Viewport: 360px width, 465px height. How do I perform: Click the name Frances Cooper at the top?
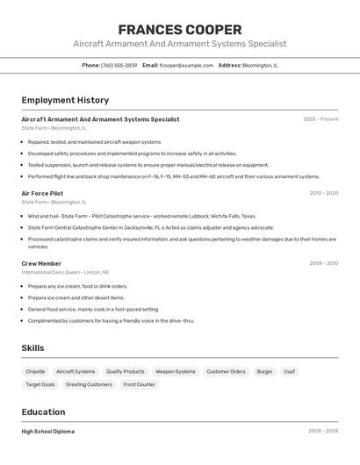pos(179,29)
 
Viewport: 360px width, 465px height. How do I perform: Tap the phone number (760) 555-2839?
pos(119,65)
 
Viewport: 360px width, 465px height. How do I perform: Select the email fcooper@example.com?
pos(186,65)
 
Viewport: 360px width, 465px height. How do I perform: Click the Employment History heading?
pos(65,100)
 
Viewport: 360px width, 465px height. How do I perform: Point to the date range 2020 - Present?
pos(320,119)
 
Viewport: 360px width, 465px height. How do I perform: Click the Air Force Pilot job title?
pos(42,193)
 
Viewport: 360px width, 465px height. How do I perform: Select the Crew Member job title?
pos(41,263)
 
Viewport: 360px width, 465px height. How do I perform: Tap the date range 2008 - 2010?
pos(323,263)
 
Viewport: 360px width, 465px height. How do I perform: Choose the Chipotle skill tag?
pos(35,371)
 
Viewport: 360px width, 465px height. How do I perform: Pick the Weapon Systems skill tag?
pos(176,371)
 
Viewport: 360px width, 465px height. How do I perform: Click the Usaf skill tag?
pos(289,371)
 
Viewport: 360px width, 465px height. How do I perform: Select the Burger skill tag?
pos(264,371)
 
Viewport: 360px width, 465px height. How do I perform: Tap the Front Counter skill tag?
pos(139,384)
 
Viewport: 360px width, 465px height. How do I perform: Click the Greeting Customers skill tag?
pos(89,384)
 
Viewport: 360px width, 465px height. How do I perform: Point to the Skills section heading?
pos(32,348)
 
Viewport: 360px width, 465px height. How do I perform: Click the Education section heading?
pos(43,411)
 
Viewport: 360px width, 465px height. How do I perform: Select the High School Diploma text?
pos(47,432)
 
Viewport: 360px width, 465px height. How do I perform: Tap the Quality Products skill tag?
pos(126,371)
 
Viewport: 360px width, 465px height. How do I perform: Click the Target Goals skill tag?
pos(40,384)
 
